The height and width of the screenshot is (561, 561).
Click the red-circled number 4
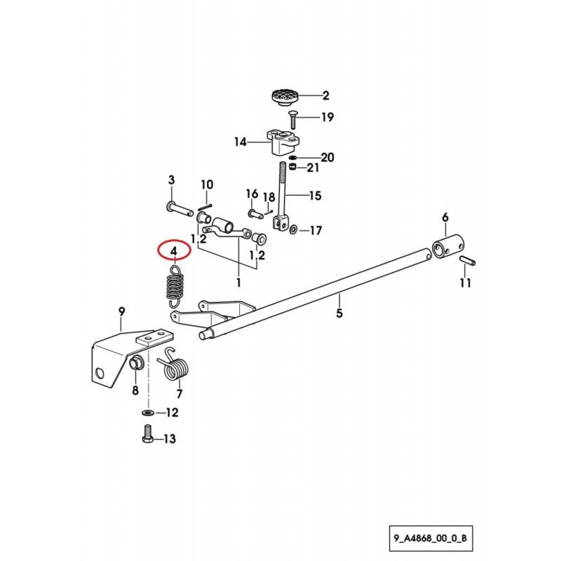[173, 251]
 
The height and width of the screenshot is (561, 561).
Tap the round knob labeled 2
[285, 97]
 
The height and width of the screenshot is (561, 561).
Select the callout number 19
[327, 117]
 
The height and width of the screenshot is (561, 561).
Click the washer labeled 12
[148, 411]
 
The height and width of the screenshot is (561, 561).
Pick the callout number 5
[339, 313]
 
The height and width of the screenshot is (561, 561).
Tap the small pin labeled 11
[467, 262]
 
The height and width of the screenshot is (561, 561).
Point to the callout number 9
[121, 311]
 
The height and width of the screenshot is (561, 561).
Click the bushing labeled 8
[137, 363]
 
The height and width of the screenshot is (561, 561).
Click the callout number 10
[207, 185]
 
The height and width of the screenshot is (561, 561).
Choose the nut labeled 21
[295, 168]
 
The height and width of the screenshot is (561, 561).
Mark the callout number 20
[327, 156]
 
